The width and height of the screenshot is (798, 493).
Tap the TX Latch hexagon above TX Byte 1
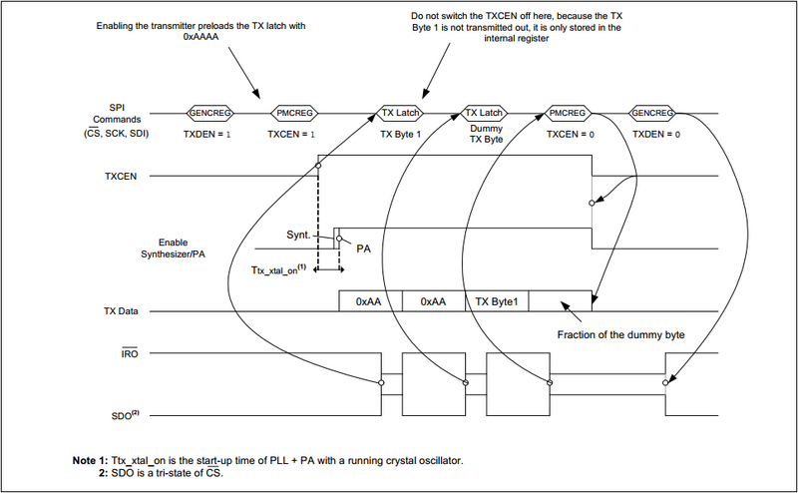401,113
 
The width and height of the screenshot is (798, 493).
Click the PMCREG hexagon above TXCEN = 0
570,113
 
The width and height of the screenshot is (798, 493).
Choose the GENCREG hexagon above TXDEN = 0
653,113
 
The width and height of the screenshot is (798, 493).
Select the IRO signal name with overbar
130,353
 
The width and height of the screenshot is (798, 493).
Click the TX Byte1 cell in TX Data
496,299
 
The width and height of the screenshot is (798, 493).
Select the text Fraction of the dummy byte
621,335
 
